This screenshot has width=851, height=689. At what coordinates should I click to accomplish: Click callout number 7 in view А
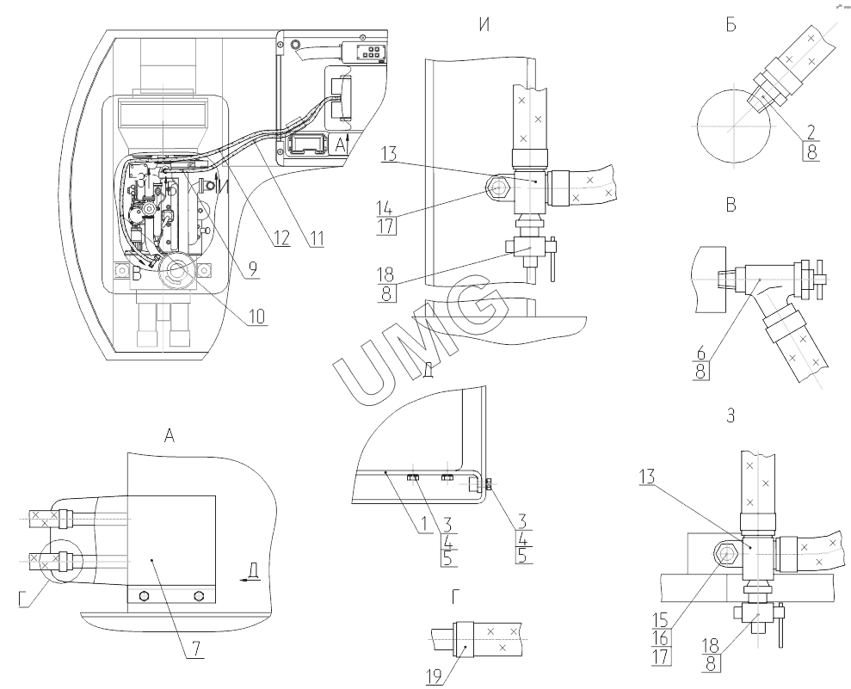click(x=196, y=649)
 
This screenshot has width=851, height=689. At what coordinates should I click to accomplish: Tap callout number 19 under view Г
click(x=434, y=676)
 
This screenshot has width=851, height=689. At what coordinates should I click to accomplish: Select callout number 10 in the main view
click(x=257, y=317)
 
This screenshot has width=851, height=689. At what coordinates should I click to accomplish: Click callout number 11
click(x=317, y=237)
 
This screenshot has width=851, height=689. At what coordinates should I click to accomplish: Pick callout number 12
click(x=281, y=237)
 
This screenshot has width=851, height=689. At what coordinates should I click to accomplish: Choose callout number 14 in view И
click(x=385, y=208)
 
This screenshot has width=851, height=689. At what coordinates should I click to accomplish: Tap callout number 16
click(x=661, y=638)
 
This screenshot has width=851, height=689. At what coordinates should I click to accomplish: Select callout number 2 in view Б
click(x=811, y=132)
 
